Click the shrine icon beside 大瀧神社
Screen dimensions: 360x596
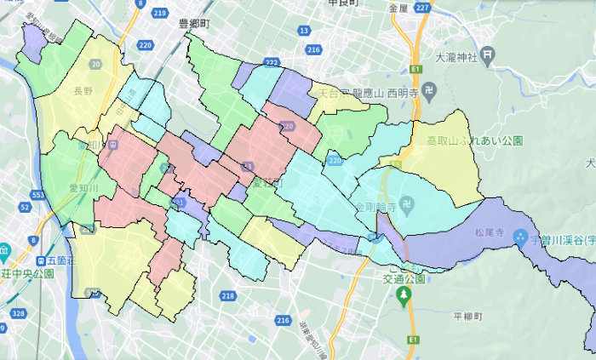coord(486,58)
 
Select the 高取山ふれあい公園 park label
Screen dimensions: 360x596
coord(474,140)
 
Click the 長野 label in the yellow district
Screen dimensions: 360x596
coord(83,90)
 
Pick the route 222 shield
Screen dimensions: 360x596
coord(272,63)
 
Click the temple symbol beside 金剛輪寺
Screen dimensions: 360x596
coord(408,205)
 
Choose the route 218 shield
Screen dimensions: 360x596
coord(227,295)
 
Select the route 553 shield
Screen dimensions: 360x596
coord(37,196)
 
